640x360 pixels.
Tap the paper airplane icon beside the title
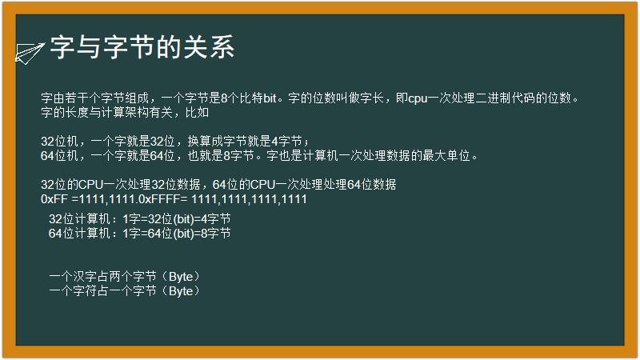[30, 52]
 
